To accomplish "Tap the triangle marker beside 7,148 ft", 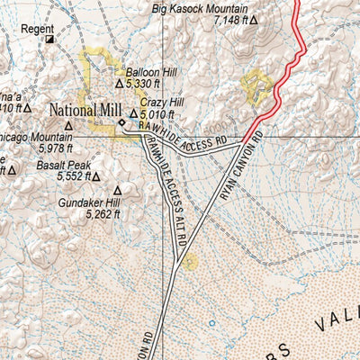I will pyautogui.click(x=254, y=19).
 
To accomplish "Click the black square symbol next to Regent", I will pyautogui.click(x=50, y=40).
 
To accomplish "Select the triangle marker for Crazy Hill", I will pyautogui.click(x=134, y=114).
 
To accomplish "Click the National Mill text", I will pyautogui.click(x=84, y=111).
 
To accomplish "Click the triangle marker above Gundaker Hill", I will pyautogui.click(x=115, y=190).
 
